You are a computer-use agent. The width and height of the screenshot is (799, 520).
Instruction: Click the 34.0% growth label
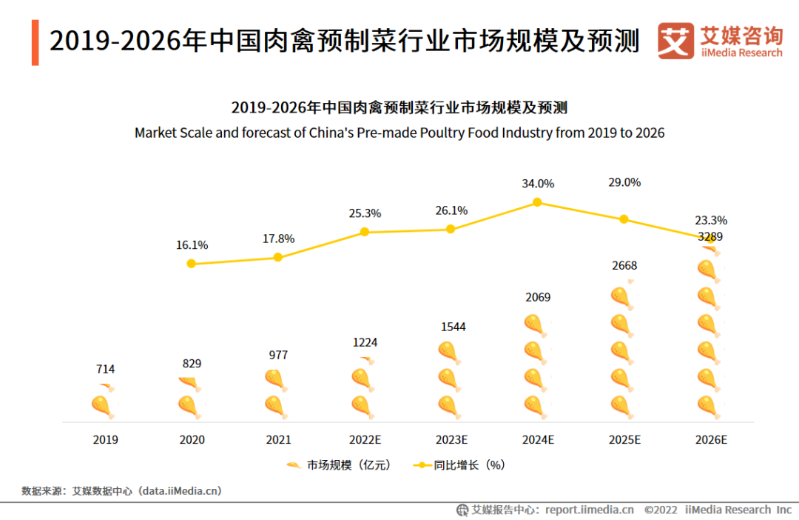point(537,184)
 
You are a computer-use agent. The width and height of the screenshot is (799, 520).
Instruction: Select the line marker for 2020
point(192,264)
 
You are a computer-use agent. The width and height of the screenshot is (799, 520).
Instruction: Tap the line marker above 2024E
point(537,202)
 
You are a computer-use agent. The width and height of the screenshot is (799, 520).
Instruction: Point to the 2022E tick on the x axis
point(365,439)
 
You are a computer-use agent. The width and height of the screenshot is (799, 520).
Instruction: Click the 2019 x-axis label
point(105,439)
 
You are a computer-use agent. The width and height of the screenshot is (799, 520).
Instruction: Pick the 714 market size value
point(105,369)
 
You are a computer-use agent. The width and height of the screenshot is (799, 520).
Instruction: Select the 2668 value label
point(624,266)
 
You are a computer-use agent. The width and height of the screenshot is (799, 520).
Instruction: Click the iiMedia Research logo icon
point(676,41)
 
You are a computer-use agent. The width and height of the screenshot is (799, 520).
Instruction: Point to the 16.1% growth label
point(192,245)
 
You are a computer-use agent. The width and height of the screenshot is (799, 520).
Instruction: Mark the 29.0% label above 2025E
point(624,182)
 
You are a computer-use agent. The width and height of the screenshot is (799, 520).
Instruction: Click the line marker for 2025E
point(624,219)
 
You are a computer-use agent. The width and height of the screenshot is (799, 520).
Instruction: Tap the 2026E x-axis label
point(711,439)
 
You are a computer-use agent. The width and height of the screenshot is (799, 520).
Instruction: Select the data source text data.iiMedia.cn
point(181,490)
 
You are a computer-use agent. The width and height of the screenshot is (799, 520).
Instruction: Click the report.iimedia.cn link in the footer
point(589,510)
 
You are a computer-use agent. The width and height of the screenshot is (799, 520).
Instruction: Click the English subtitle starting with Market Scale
point(399,133)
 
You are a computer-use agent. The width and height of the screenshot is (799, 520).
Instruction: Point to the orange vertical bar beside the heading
point(35,43)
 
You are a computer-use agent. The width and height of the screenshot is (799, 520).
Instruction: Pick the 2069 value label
point(537,298)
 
